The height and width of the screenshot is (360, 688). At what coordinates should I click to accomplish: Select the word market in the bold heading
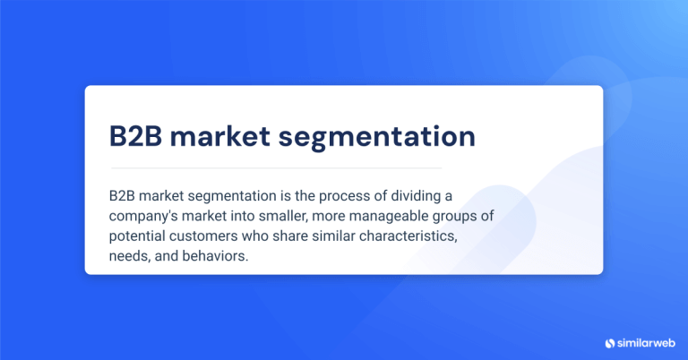[223, 135]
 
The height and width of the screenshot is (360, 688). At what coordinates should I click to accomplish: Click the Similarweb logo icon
[611, 342]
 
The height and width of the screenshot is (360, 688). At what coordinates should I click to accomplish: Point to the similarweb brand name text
[647, 342]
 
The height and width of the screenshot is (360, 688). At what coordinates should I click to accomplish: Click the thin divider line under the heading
[276, 167]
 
